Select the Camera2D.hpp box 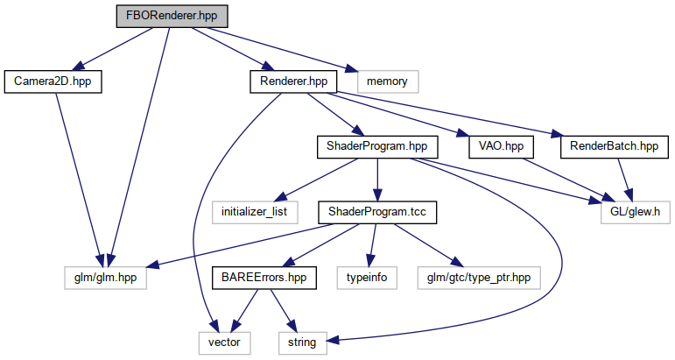(53, 81)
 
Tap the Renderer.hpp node (293, 81)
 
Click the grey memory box (387, 81)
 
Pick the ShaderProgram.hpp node (376, 146)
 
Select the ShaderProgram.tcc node (376, 212)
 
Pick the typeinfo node (368, 278)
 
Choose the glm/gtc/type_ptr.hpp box (479, 278)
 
